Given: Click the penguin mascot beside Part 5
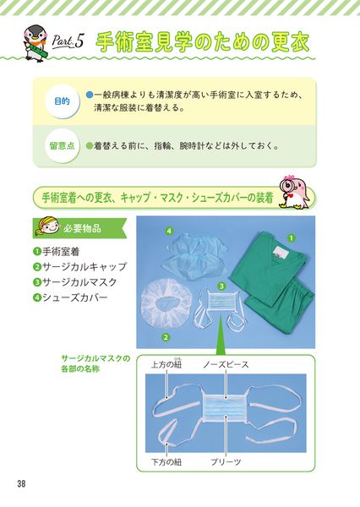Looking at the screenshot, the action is [35, 43].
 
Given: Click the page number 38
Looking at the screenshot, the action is [21, 484].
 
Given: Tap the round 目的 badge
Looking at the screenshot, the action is [62, 101].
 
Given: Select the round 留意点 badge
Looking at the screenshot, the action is [62, 146].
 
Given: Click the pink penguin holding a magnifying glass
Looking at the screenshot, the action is [295, 192].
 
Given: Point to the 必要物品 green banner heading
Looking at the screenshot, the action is [79, 228].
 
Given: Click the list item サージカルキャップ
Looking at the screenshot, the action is [79, 267].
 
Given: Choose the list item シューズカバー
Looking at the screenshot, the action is [70, 297].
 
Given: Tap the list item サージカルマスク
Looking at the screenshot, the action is [74, 282].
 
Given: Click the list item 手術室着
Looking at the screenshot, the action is [57, 252].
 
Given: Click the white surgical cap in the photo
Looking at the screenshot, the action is [167, 304].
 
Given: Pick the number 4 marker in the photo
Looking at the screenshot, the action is [169, 231].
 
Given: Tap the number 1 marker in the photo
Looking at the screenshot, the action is [292, 238].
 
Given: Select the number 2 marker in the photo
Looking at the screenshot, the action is [166, 337].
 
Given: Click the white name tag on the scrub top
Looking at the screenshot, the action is [278, 253].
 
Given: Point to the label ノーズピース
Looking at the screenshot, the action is [226, 365].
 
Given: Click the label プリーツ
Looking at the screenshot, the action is [226, 461].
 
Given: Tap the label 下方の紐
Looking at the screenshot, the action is [166, 461].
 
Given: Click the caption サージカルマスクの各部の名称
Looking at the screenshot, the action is [95, 363].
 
